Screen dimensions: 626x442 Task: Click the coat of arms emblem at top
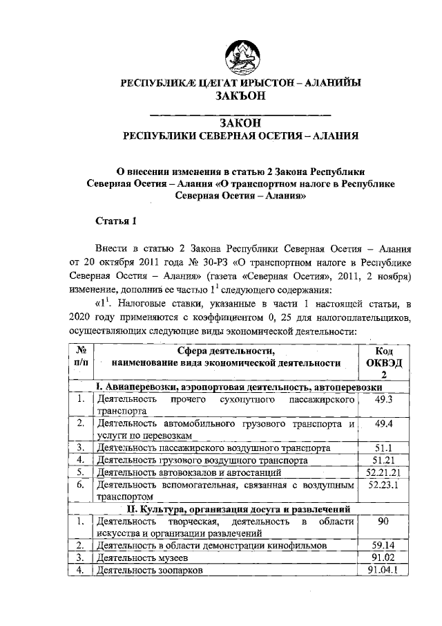(x=239, y=53)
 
